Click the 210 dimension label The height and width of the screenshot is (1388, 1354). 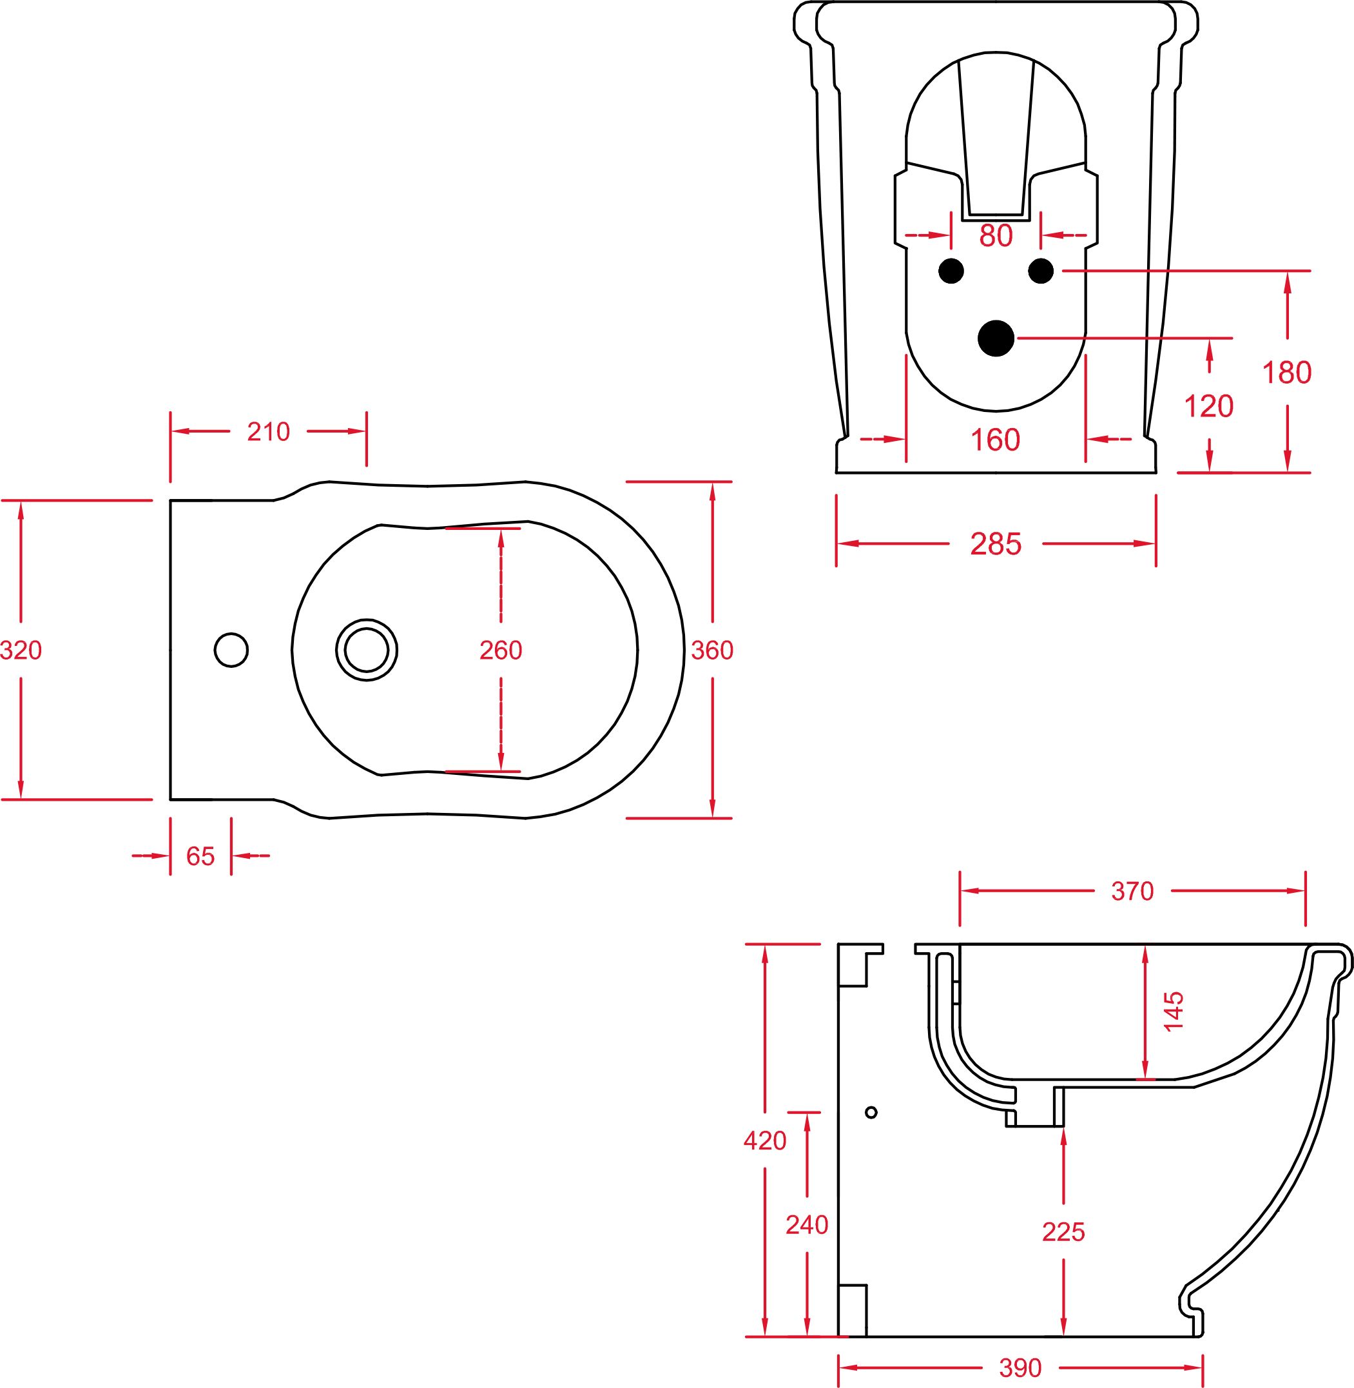(269, 432)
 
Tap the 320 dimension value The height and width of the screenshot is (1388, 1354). (21, 650)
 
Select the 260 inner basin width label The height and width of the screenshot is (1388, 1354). (501, 650)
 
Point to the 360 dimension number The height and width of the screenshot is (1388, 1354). (712, 650)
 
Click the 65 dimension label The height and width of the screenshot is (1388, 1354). (200, 857)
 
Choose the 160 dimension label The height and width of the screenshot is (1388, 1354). (996, 440)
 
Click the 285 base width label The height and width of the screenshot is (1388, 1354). (996, 544)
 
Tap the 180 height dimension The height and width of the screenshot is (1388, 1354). (1286, 373)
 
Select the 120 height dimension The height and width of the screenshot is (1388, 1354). (1208, 406)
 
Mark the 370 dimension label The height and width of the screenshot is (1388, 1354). (1132, 892)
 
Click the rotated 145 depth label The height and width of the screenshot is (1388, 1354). (1174, 1011)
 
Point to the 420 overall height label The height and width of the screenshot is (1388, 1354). (764, 1141)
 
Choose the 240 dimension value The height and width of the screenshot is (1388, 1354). (807, 1225)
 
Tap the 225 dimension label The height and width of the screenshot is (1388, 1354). (1063, 1232)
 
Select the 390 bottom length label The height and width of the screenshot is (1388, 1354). (1020, 1368)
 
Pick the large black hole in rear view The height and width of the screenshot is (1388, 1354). (996, 338)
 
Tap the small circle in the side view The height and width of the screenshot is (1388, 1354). (871, 1112)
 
